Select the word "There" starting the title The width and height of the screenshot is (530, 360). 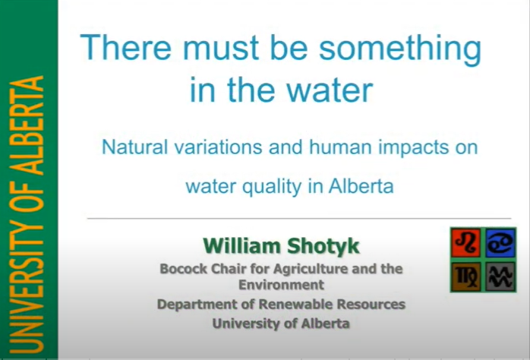(x=125, y=49)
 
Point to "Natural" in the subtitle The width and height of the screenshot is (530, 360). (x=133, y=147)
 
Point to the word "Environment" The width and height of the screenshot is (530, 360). (x=281, y=285)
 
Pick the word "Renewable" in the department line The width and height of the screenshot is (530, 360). (x=285, y=305)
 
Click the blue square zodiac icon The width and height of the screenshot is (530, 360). (x=500, y=242)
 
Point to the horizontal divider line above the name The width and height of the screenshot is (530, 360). (x=289, y=218)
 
